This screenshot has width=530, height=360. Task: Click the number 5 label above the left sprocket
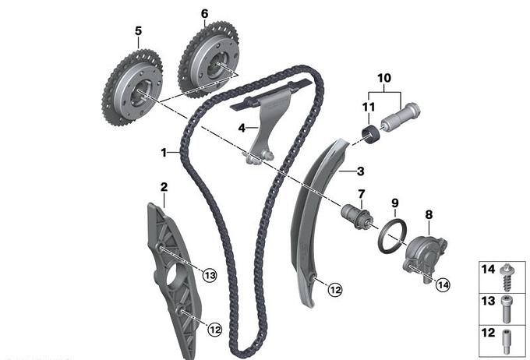[x=138, y=31]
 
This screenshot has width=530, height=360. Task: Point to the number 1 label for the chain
[x=164, y=153]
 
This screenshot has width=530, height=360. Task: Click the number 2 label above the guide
[x=164, y=187]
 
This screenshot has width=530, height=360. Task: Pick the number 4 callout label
[x=242, y=127]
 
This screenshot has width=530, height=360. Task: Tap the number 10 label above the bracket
[x=383, y=79]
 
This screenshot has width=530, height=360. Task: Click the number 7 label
[x=361, y=193]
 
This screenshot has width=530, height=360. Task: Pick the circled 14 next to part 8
[x=443, y=285]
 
